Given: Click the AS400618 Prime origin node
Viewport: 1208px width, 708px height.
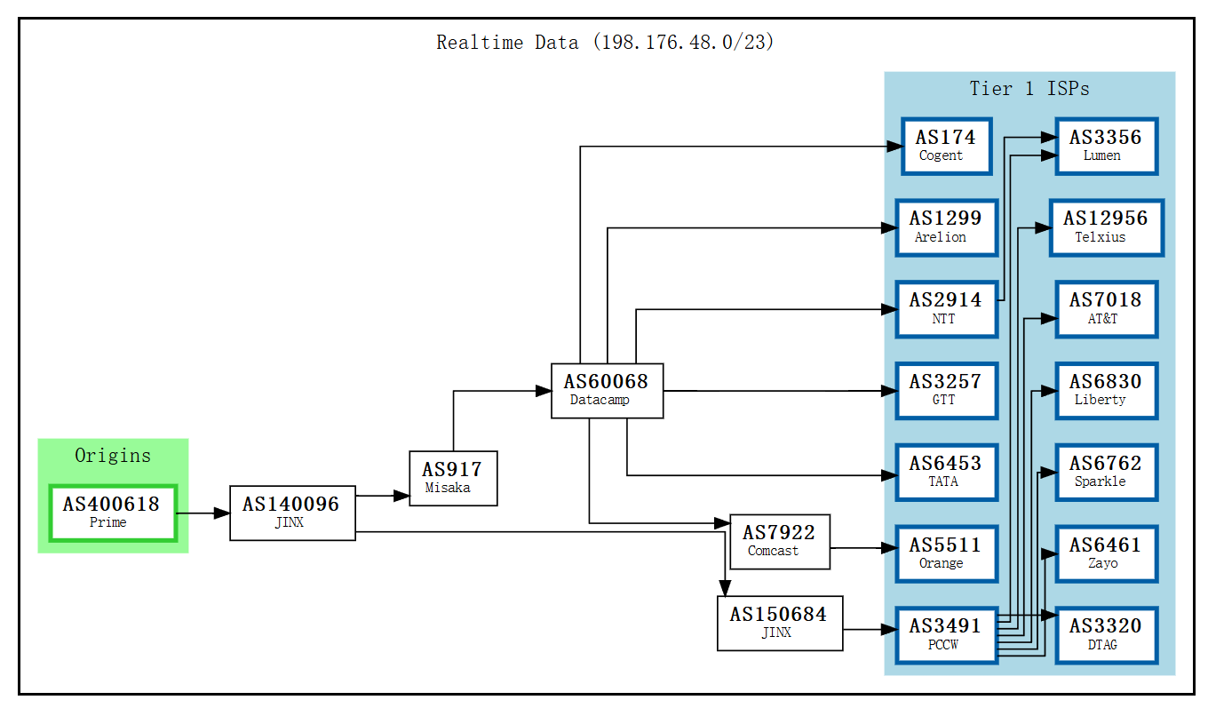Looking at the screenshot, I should [113, 513].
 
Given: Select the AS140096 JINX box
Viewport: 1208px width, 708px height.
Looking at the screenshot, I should [292, 513].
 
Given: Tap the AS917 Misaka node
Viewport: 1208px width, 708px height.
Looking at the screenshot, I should [453, 479].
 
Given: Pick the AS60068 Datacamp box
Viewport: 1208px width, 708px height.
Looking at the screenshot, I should [607, 391].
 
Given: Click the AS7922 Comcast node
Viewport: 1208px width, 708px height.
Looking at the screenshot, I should [779, 541].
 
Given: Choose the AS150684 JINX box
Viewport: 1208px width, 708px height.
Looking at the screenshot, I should [779, 623].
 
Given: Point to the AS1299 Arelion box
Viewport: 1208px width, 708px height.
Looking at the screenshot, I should [946, 227].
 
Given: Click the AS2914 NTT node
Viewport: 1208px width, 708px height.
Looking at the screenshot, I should [946, 309].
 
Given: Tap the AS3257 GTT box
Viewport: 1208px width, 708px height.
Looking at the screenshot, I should [946, 391].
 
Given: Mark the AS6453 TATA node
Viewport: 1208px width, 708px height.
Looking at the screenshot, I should [946, 473].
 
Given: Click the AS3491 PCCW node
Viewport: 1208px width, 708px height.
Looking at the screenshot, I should [946, 635].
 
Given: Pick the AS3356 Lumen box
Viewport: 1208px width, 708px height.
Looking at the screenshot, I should [1106, 146].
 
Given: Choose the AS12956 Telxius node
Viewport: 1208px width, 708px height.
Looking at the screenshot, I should [1106, 227].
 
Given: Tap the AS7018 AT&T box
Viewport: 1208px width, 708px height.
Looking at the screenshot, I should [1106, 309].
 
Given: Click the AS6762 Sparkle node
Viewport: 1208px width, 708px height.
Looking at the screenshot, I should [1106, 473].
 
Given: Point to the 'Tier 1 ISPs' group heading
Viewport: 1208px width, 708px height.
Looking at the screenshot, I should [1029, 89].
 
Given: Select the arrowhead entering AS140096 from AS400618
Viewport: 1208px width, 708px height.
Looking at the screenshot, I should [222, 513].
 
